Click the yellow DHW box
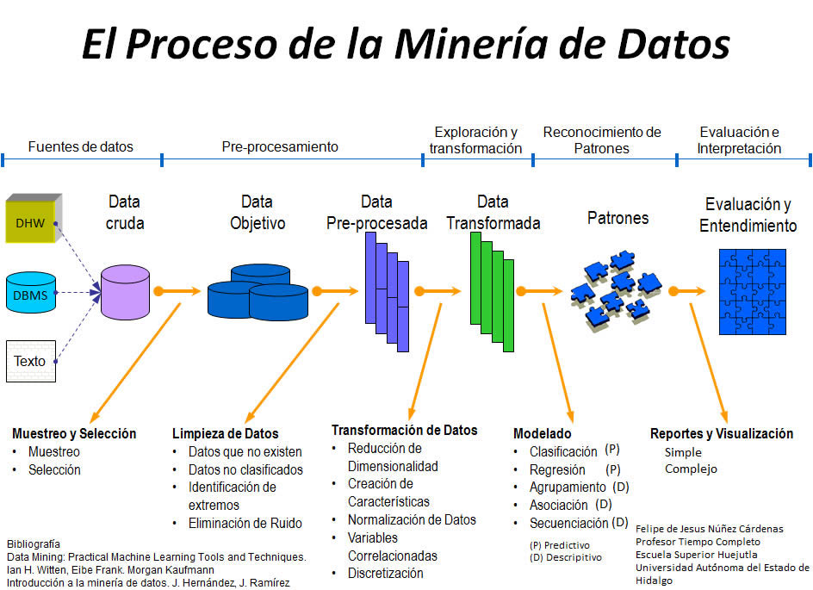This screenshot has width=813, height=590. point(30,223)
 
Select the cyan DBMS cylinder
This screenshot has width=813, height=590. point(30,292)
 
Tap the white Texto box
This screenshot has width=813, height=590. point(30,361)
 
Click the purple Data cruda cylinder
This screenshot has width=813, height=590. point(125,290)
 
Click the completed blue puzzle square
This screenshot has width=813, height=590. point(753,291)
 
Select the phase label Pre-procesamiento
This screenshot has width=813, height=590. point(280,146)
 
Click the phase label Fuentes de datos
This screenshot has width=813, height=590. point(81,146)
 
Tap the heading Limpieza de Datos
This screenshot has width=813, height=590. point(225,433)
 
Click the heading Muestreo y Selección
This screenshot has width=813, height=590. point(74,433)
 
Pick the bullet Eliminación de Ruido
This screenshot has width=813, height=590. point(245,523)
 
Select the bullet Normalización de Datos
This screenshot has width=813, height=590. point(412,519)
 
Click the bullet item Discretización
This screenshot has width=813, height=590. point(386,573)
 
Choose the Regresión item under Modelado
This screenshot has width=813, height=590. point(557,470)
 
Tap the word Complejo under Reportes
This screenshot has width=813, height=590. point(691,469)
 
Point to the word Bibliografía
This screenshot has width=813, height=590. point(34,543)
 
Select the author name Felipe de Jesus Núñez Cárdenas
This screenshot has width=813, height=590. point(710,528)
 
